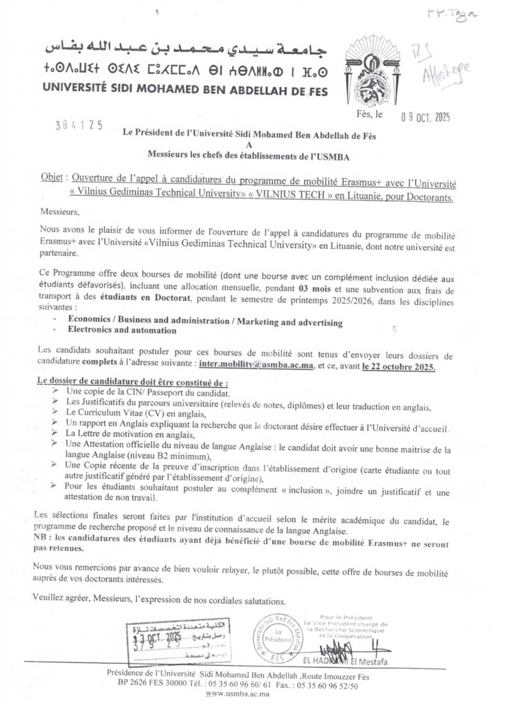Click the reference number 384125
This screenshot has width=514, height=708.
[x=79, y=125]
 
